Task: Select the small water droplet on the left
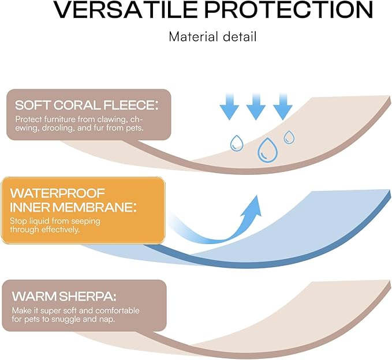click(237, 143)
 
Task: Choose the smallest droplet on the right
click(288, 137)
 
